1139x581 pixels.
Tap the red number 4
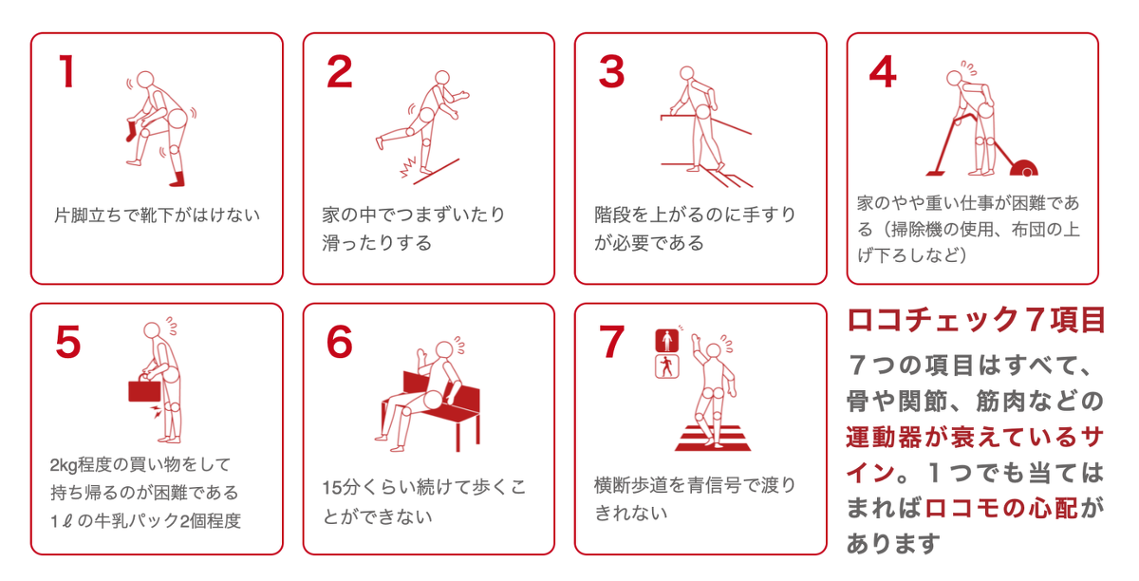pyautogui.click(x=882, y=72)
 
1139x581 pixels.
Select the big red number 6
pyautogui.click(x=339, y=343)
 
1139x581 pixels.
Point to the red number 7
pyautogui.click(x=612, y=343)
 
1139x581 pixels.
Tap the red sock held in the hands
pyautogui.click(x=130, y=130)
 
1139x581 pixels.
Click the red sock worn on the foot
pyautogui.click(x=177, y=177)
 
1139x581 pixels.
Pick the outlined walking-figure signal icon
pyautogui.click(x=667, y=366)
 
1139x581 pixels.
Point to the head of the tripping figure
pyautogui.click(x=441, y=77)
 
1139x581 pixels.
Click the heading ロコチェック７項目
pyautogui.click(x=976, y=320)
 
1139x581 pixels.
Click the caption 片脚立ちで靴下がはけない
pyautogui.click(x=157, y=215)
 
